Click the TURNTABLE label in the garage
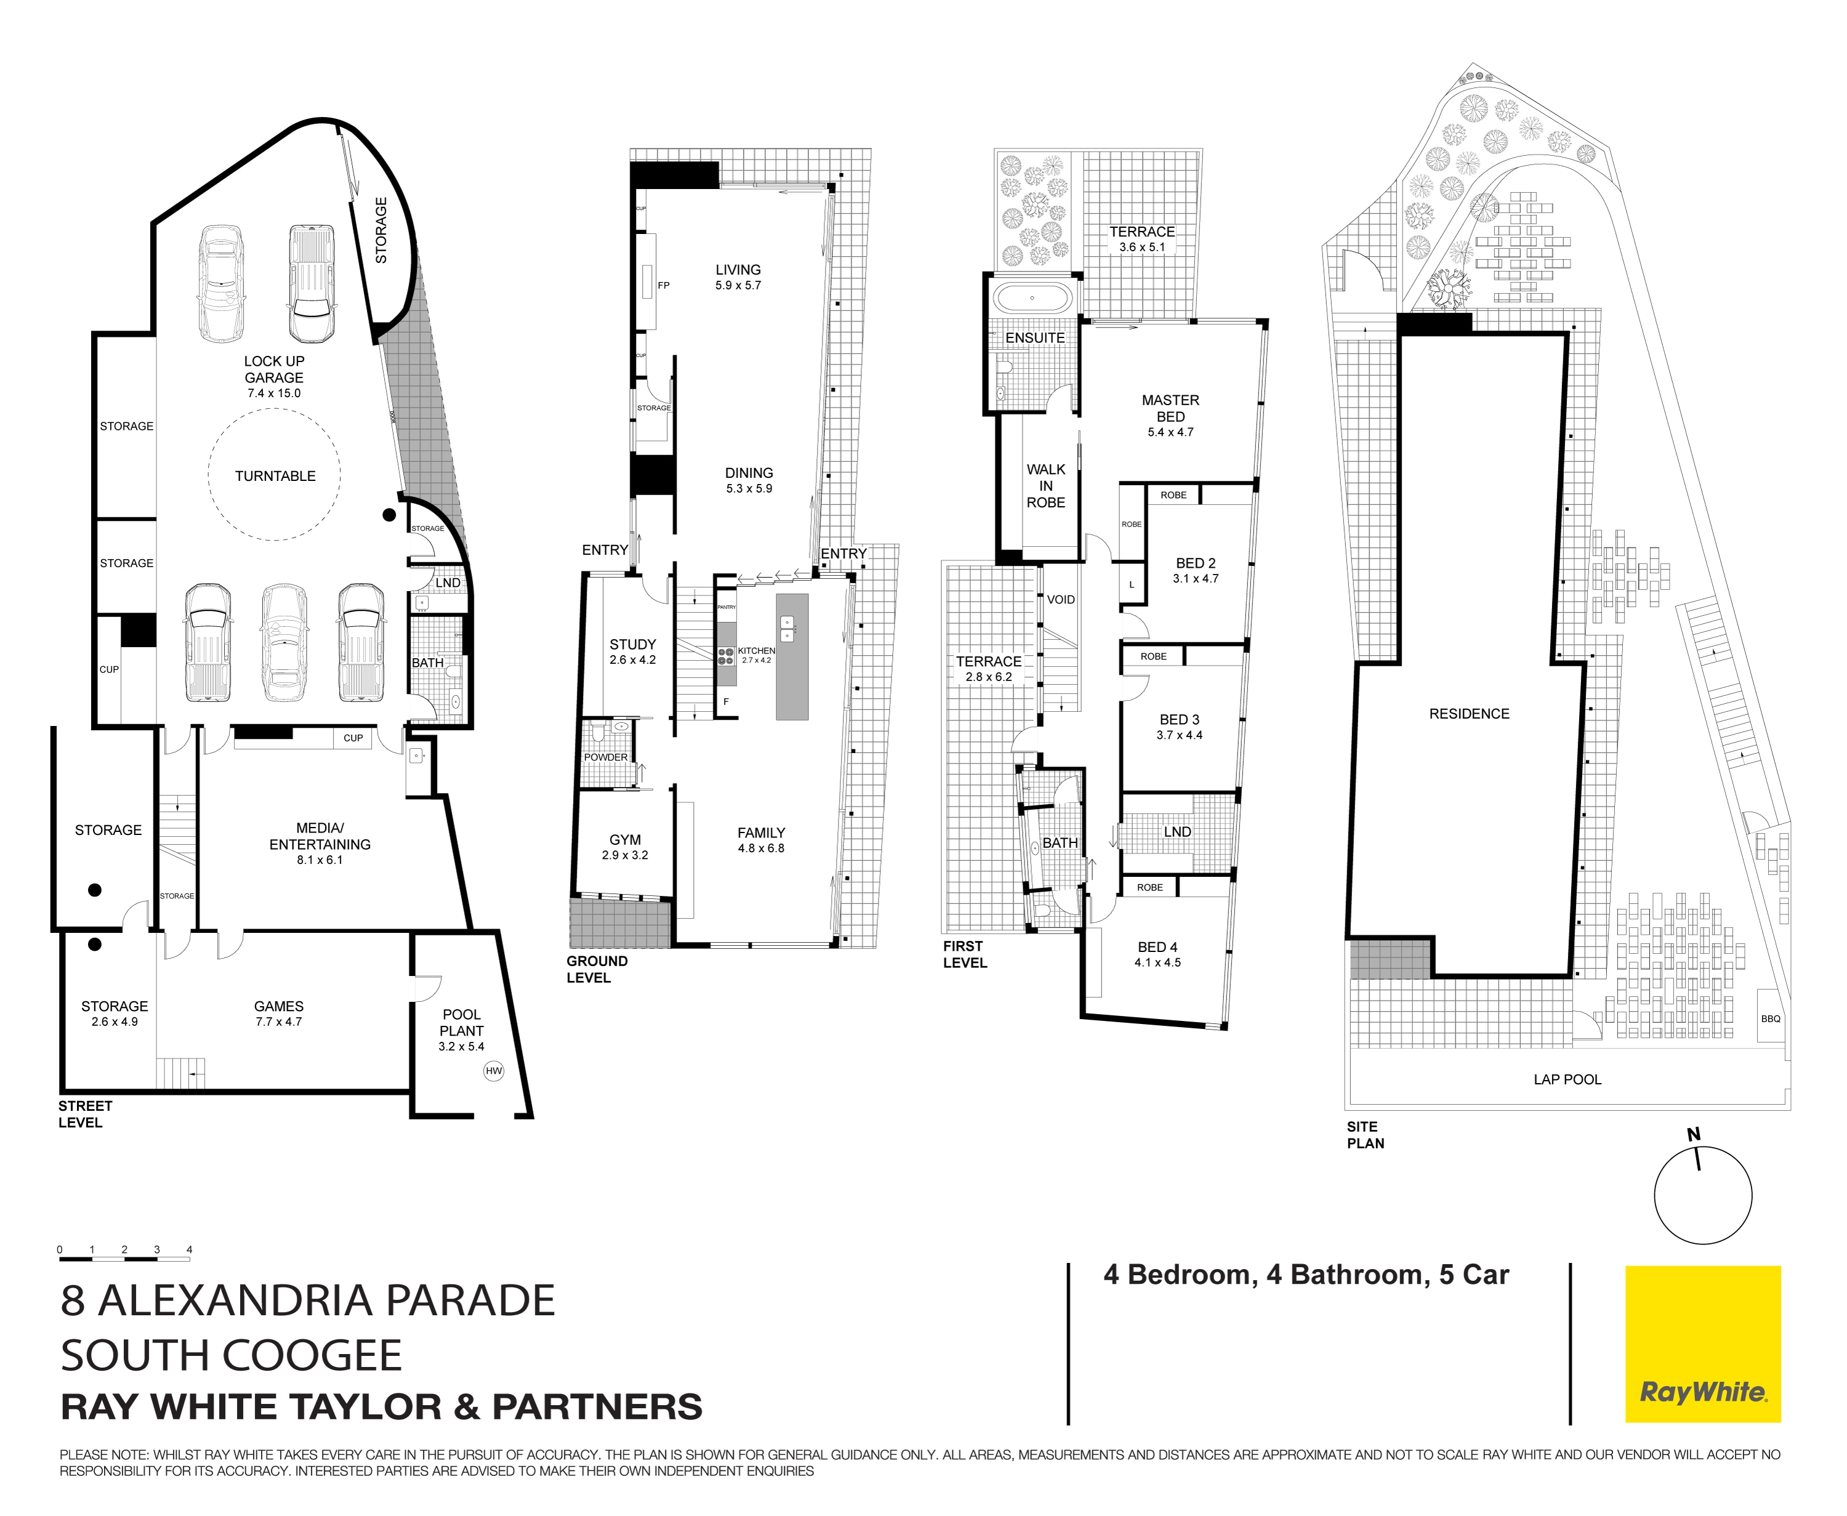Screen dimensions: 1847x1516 click(275, 476)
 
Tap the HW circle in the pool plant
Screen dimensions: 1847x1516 click(493, 1071)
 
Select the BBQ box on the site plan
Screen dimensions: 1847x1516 click(1770, 1018)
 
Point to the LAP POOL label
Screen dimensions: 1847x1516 click(1567, 1079)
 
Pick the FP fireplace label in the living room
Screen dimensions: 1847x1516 click(664, 286)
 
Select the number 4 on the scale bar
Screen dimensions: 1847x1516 click(190, 1249)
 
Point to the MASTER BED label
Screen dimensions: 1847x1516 click(1170, 408)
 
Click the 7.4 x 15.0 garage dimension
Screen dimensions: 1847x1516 click(273, 393)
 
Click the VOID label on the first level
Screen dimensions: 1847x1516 click(1061, 600)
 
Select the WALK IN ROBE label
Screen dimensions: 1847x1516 click(1045, 486)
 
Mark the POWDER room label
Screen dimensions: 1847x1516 click(606, 757)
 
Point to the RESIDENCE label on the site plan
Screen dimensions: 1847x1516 click(1469, 714)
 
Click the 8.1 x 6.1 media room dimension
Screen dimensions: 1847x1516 click(320, 860)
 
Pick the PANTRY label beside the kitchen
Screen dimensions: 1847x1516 click(726, 607)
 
